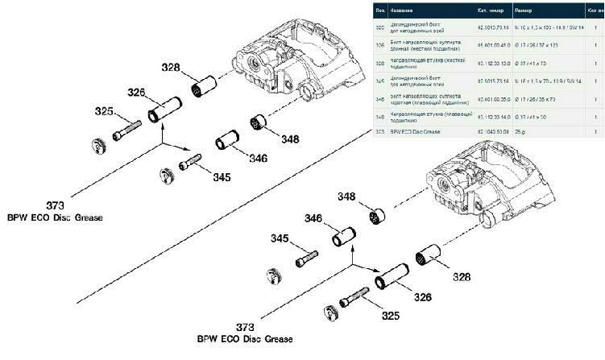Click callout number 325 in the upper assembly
click(104, 111)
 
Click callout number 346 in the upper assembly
click(257, 158)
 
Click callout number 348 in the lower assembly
click(346, 197)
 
